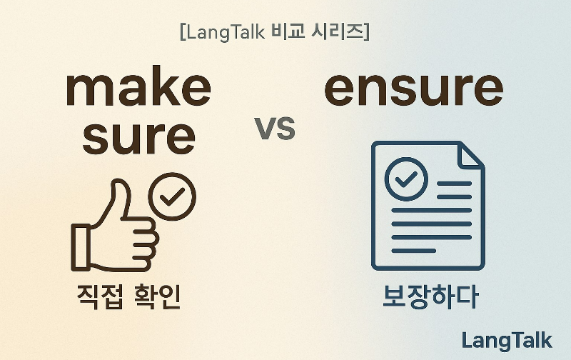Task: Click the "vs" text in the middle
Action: pos(275,131)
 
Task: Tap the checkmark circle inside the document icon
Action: pos(406,179)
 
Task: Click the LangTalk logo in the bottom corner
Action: pos(507,340)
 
